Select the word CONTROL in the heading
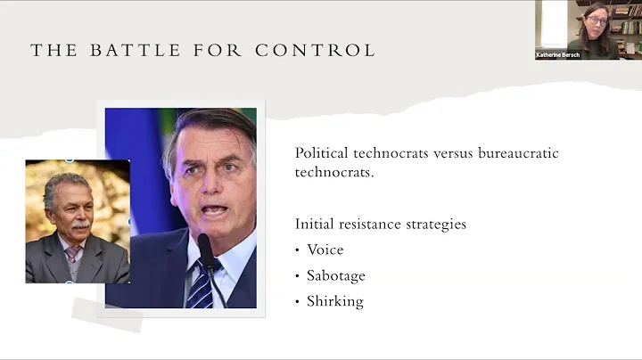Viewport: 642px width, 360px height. (315, 50)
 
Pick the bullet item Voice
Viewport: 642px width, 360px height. (325, 250)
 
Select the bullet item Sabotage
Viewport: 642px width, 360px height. (336, 276)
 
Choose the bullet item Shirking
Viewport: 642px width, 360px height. (334, 301)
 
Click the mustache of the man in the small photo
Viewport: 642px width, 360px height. (81, 226)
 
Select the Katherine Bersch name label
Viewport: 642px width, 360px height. (559, 54)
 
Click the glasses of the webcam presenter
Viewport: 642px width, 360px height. (596, 20)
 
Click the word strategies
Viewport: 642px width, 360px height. (436, 224)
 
